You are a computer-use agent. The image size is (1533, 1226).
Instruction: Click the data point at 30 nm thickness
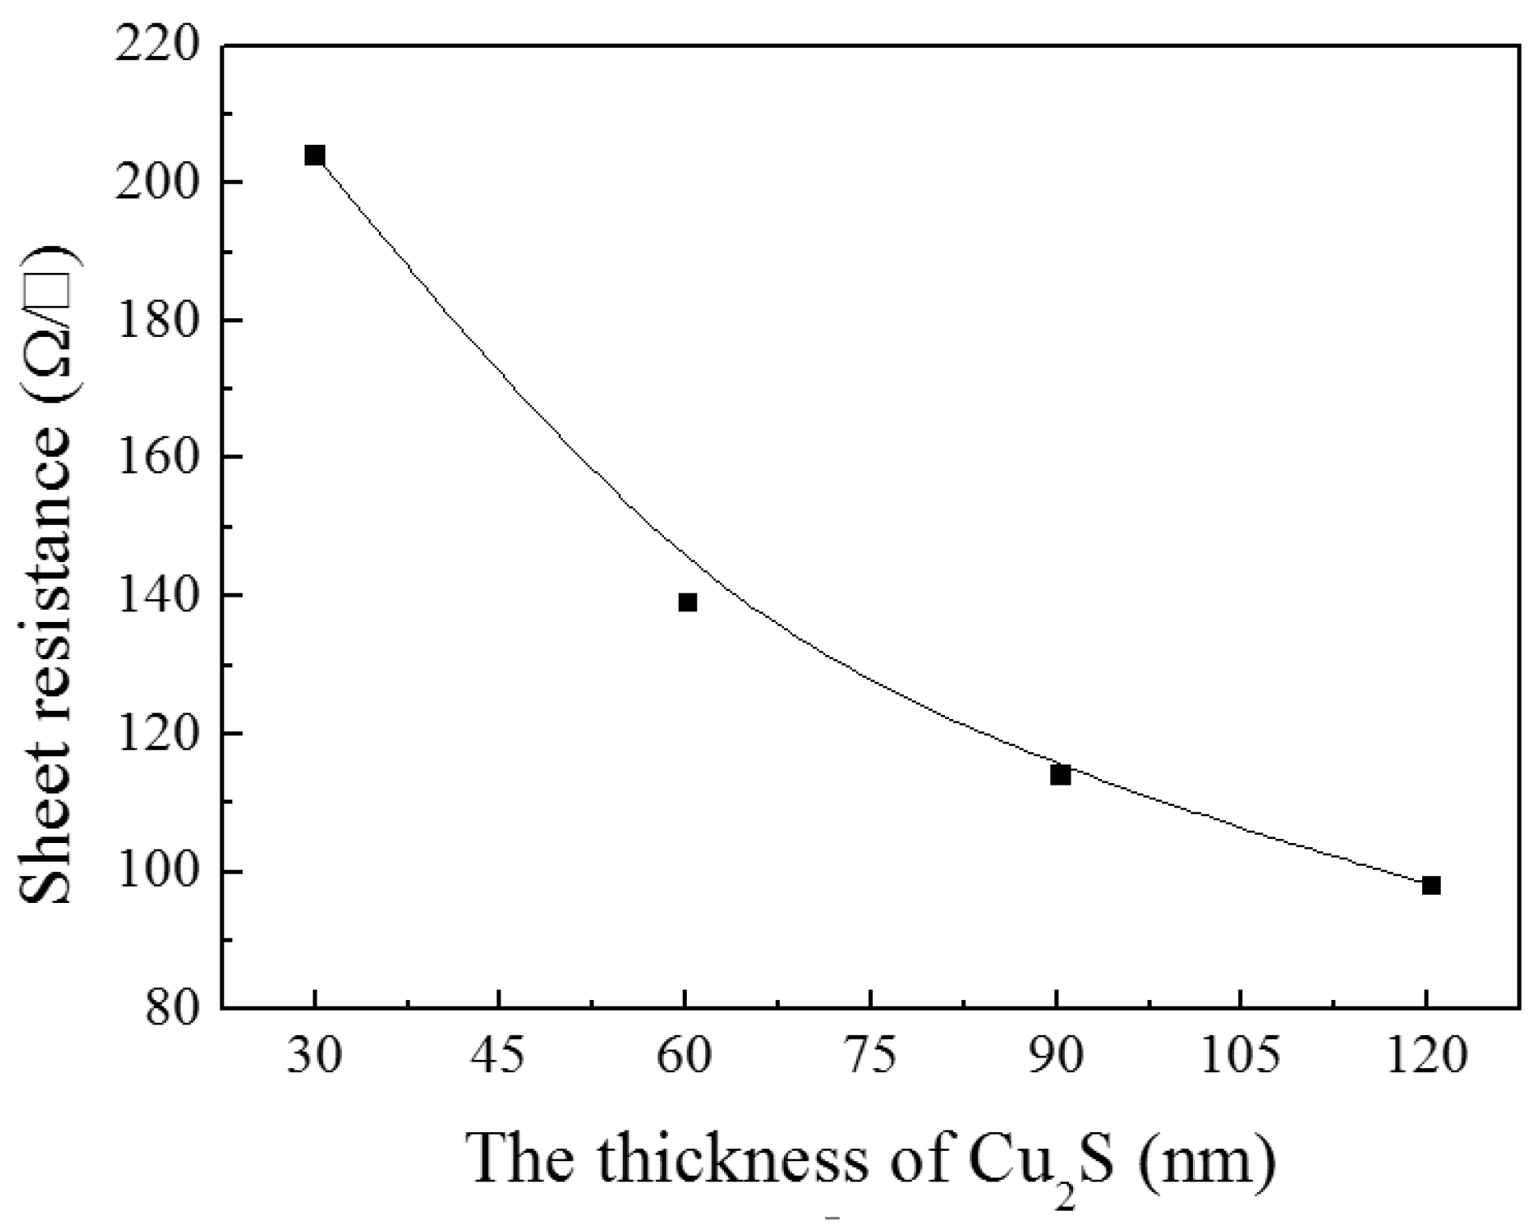[x=315, y=155]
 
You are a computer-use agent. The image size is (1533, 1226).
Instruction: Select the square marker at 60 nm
[x=688, y=602]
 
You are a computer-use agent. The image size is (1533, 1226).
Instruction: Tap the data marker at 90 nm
[x=1060, y=776]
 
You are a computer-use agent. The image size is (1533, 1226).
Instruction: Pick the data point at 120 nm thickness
[x=1431, y=886]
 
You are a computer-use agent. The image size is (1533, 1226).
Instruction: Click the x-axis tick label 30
[x=314, y=1057]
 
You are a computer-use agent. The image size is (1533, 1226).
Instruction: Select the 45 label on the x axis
[x=500, y=1057]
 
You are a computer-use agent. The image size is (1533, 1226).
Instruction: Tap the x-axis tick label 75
[x=871, y=1057]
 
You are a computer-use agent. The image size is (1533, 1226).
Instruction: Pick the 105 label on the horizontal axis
[x=1241, y=1057]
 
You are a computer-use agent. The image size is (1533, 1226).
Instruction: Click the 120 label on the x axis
[x=1427, y=1057]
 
